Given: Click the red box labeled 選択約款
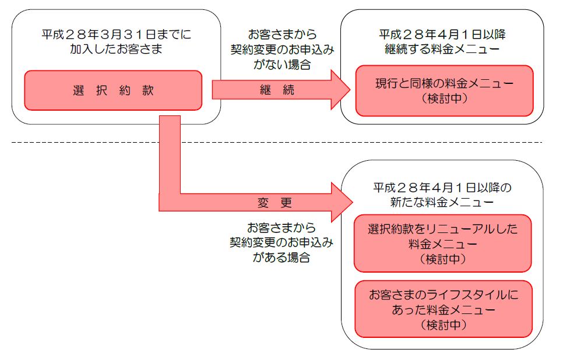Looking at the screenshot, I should click(112, 90).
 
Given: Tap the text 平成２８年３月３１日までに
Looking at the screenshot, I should click(115, 34).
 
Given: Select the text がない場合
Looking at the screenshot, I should click(281, 64).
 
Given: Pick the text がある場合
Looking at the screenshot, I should click(281, 257).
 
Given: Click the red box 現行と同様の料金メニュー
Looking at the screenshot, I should click(444, 90).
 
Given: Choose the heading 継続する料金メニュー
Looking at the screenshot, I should click(442, 49).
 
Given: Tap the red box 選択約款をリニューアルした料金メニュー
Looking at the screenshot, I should click(443, 243).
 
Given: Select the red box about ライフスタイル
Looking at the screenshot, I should click(443, 309).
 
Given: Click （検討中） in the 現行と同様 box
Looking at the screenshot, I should click(444, 98).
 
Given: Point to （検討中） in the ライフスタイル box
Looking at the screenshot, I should click(443, 324).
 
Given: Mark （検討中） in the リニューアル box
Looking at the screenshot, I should click(443, 257).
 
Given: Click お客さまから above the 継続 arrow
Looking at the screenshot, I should click(281, 35).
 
